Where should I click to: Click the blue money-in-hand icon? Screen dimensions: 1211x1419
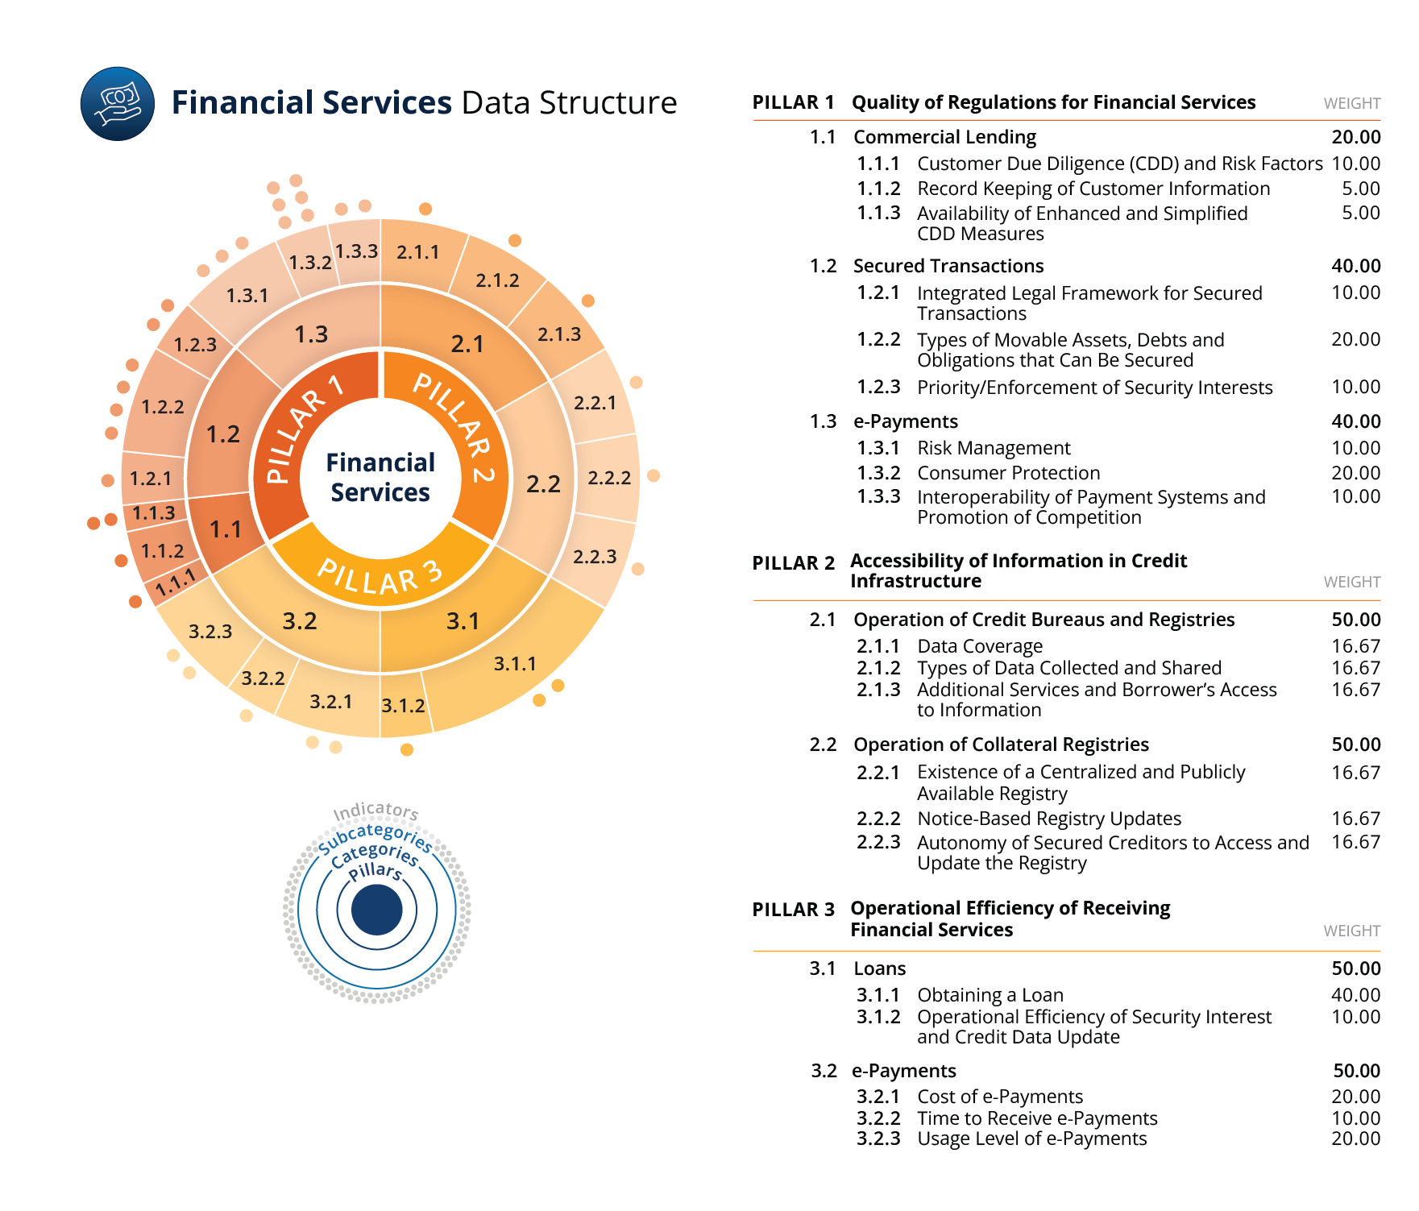118,104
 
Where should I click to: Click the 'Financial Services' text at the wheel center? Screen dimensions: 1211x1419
380,477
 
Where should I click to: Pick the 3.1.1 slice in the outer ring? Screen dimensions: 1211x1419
515,663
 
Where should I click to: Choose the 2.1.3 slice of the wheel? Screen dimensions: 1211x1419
559,334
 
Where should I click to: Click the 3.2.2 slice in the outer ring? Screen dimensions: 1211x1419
263,678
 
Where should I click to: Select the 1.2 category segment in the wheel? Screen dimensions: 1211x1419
223,434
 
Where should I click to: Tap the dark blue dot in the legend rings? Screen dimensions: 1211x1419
376,910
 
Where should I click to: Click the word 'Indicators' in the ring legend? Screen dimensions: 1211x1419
375,811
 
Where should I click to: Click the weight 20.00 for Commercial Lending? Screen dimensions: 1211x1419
1355,137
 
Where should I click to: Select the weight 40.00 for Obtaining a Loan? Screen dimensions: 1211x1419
1355,995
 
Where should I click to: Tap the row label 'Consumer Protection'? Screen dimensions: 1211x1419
1008,473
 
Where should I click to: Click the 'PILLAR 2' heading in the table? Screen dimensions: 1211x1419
793,563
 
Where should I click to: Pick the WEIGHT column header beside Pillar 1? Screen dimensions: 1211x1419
1351,103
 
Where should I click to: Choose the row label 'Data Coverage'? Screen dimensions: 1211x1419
979,646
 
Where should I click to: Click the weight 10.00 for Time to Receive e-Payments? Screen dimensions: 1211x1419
1355,1118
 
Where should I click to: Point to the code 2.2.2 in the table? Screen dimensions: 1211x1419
878,819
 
